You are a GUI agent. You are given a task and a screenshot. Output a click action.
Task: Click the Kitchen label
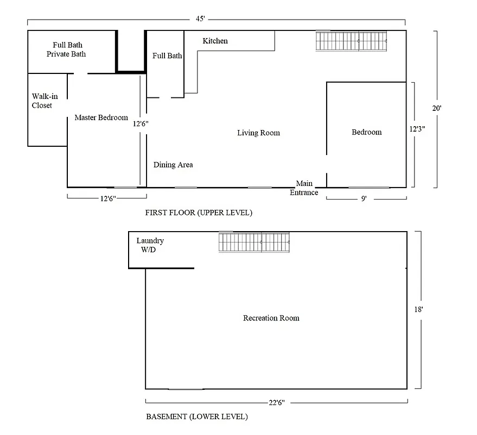click(215, 41)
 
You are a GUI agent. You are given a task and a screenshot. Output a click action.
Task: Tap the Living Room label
click(258, 133)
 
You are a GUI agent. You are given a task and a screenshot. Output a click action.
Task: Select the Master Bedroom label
click(101, 117)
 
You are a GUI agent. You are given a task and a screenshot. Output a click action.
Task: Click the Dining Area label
click(173, 165)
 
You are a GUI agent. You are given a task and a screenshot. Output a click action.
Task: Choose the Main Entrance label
click(304, 188)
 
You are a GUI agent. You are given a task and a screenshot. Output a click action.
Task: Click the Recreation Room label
click(271, 318)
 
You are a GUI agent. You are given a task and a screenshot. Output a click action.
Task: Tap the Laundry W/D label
click(150, 245)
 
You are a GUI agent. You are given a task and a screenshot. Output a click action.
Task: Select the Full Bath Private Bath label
click(67, 49)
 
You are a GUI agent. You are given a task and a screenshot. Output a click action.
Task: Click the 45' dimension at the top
click(200, 18)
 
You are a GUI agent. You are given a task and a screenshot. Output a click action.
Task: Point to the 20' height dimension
click(437, 108)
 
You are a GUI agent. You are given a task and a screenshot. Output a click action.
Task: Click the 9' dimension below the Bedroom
click(364, 199)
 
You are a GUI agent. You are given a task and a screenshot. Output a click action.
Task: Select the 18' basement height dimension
click(418, 309)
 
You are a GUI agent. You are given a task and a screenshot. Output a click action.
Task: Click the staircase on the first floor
click(352, 41)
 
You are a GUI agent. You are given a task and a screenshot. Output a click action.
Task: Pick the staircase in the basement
click(254, 243)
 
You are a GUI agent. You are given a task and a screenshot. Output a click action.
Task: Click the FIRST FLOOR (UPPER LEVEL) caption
click(198, 213)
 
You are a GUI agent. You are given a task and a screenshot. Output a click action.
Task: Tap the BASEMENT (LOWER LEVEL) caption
click(197, 417)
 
